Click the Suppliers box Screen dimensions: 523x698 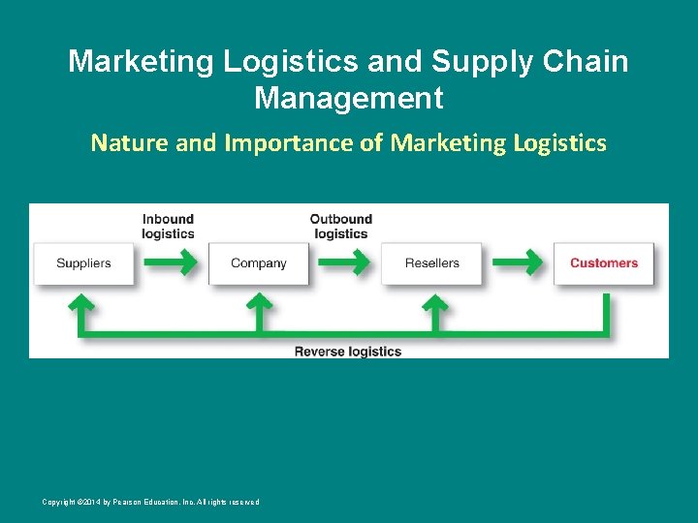point(83,263)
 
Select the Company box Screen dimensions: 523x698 point(259,263)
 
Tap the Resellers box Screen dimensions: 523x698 point(432,263)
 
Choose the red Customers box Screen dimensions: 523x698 point(603,263)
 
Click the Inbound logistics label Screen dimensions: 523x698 point(168,227)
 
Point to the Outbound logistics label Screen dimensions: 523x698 point(341,227)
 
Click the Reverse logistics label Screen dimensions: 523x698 point(348,352)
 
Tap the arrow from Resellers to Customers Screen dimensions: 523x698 point(517,261)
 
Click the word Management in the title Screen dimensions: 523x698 point(349,98)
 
